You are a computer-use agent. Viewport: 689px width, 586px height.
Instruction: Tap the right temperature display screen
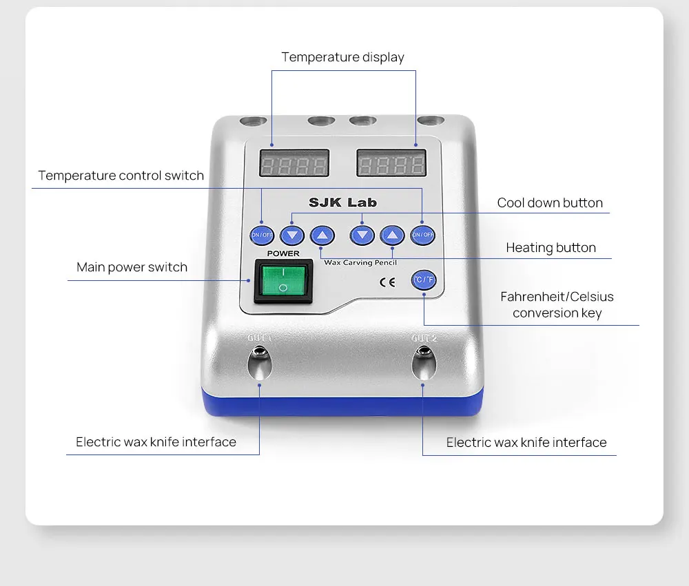tap(390, 165)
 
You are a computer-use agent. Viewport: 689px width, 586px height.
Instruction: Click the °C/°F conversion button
tap(423, 280)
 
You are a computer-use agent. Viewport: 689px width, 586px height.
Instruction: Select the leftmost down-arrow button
tap(292, 236)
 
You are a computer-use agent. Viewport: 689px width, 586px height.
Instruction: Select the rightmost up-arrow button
tap(392, 236)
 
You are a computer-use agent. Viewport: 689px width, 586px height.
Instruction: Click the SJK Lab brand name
tap(342, 202)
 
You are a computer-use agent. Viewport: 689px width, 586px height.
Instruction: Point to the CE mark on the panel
tap(387, 281)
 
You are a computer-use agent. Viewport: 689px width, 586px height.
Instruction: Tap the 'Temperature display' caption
tap(342, 57)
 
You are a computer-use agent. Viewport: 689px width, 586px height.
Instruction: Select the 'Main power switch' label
tap(132, 267)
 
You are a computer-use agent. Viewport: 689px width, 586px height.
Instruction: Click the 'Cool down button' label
tap(550, 202)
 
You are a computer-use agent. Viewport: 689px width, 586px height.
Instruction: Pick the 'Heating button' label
tap(551, 247)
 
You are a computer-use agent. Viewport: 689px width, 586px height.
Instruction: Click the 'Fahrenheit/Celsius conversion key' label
tap(557, 305)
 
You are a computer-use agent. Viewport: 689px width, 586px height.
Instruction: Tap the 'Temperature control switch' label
tap(121, 176)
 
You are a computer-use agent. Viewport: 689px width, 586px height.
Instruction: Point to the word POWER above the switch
tap(283, 253)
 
